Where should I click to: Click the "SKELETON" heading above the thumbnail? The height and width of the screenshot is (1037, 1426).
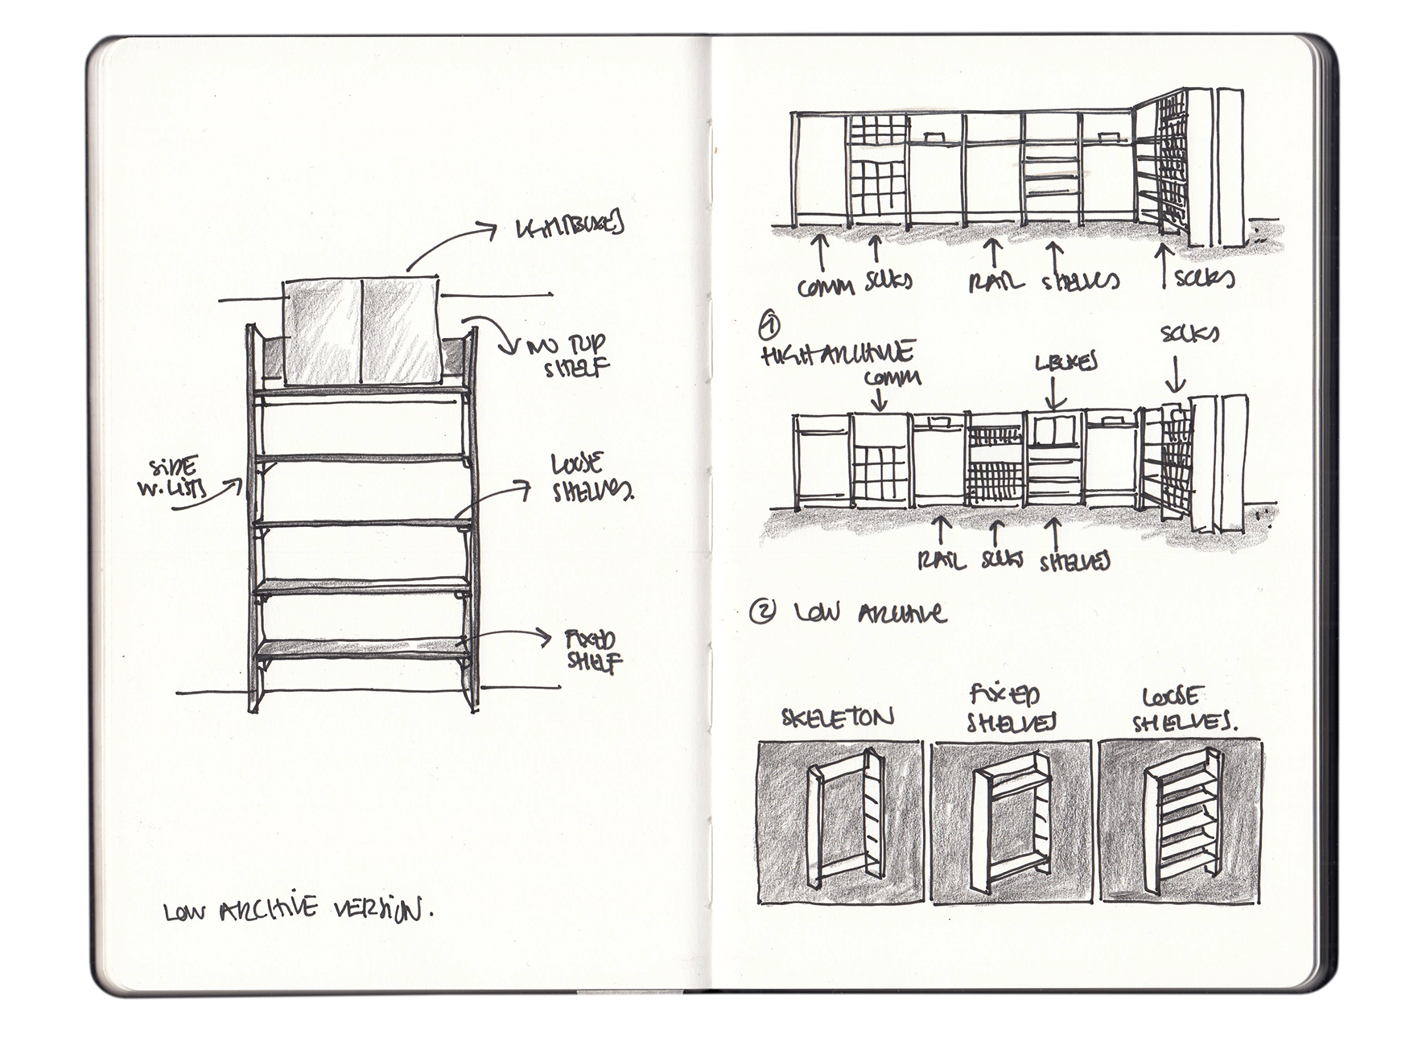(x=837, y=717)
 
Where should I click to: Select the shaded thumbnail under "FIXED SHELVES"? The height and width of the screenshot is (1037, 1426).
(x=1012, y=821)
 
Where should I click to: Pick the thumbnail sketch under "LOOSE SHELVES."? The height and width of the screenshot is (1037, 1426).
(x=1180, y=821)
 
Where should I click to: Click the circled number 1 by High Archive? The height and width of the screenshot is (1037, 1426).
(x=770, y=327)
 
